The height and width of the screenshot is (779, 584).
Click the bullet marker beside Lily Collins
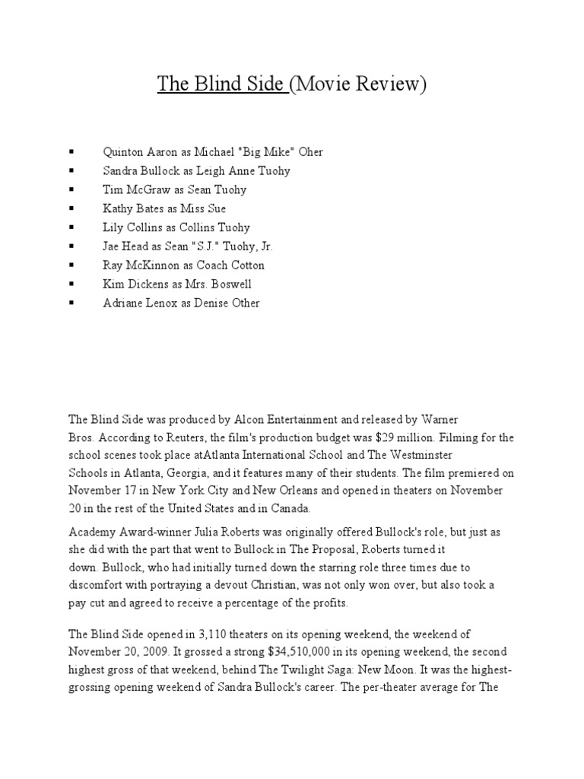point(71,227)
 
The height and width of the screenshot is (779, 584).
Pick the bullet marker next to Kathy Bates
point(71,208)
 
